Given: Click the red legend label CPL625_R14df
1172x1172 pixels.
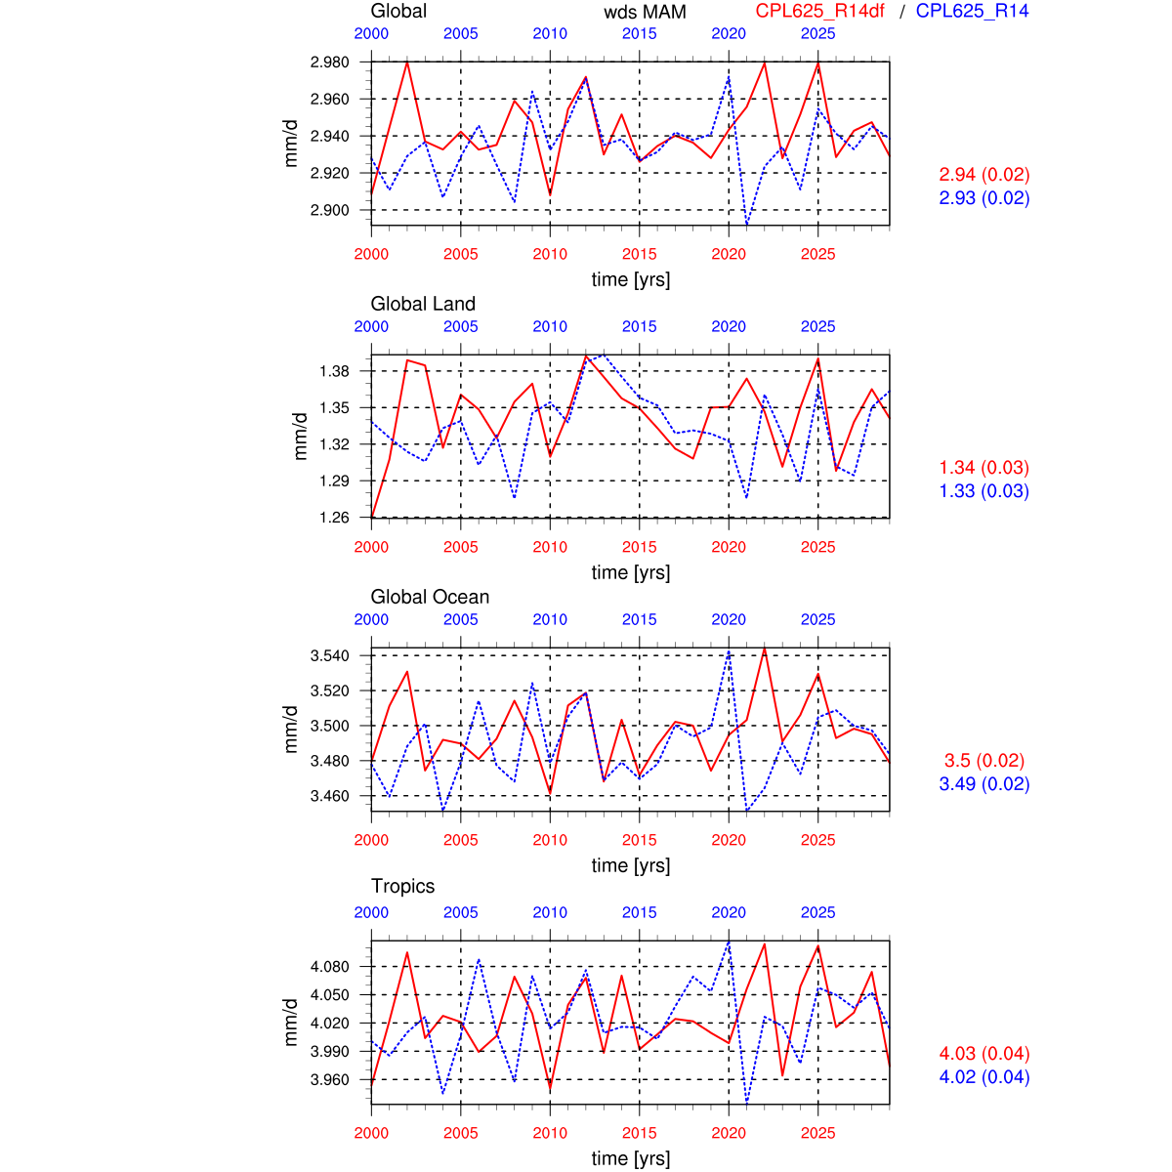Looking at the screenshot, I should [819, 12].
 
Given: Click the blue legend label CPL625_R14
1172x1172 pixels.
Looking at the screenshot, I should [972, 12].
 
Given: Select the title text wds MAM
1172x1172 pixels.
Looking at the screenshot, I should [645, 12].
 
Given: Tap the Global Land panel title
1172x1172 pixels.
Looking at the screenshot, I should [423, 304].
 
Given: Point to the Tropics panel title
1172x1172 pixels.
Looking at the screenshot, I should [402, 886].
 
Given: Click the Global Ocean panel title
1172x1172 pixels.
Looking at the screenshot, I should [430, 597].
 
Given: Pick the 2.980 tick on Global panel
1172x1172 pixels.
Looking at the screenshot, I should [329, 63].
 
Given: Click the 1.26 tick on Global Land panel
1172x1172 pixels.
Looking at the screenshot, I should [335, 518].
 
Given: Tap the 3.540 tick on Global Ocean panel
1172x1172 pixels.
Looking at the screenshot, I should [329, 655].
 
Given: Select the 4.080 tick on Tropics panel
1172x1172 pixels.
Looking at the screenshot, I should [329, 967].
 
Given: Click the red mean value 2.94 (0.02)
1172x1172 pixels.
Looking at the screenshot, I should [984, 175].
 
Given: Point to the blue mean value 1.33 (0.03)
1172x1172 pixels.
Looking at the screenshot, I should [984, 491].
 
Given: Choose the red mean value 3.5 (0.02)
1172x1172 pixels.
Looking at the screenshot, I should [985, 761].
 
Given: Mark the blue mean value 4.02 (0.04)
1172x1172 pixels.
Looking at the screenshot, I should [984, 1077].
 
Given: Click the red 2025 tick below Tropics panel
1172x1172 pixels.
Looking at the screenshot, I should [817, 1133].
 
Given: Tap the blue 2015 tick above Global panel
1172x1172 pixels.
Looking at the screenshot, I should [639, 33].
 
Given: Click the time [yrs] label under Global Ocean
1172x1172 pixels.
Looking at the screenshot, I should [631, 865].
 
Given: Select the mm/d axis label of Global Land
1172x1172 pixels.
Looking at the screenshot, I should [301, 436].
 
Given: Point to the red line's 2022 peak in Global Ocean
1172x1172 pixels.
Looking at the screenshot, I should [764, 648].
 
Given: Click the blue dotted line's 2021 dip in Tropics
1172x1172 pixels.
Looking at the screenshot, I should [747, 1102].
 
